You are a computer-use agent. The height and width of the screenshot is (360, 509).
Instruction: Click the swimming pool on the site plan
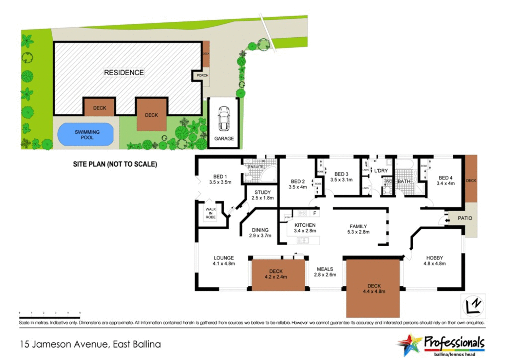[86, 135]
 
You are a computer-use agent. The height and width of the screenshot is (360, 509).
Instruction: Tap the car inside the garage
[224, 118]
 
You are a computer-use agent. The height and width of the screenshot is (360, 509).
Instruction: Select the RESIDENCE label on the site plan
[124, 73]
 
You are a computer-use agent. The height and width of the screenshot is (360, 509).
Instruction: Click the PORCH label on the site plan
[203, 75]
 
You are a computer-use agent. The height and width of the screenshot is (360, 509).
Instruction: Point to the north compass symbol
[474, 305]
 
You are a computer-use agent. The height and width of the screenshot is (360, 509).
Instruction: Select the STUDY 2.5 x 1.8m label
[263, 195]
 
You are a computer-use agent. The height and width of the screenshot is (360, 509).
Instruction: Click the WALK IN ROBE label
[210, 213]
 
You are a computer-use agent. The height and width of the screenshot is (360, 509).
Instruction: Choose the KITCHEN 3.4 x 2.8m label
[305, 228]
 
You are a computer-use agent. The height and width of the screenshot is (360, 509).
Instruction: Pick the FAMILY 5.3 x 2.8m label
[358, 229]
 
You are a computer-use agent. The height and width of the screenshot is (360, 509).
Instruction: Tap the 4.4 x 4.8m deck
[373, 288]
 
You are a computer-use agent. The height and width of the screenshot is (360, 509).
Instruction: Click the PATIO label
[465, 218]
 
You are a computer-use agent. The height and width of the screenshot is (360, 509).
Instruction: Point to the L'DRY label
[381, 171]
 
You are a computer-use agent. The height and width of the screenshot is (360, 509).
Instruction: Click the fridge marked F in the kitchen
[315, 213]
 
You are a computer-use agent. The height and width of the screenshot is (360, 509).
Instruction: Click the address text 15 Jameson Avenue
[90, 344]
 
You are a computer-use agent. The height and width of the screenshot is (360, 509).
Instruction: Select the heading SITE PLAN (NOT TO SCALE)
[115, 164]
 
